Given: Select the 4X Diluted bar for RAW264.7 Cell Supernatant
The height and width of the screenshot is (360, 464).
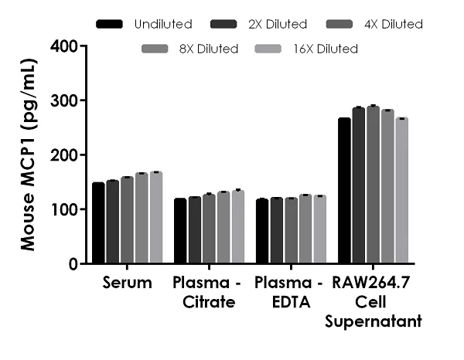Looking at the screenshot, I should click(x=373, y=185).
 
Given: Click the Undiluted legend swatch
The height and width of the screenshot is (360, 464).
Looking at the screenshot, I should click(x=111, y=25).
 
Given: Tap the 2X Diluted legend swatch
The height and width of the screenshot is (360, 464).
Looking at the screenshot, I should click(x=224, y=25).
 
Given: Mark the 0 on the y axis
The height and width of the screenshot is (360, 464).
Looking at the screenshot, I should click(x=71, y=263).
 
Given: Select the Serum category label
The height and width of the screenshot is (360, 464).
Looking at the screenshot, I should click(x=127, y=284).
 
